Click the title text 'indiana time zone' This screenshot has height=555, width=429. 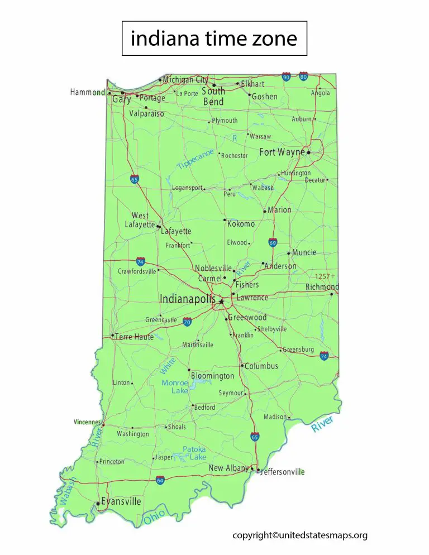[x=214, y=39]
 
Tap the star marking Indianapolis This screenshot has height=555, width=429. [x=221, y=302]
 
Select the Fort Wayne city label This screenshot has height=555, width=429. [x=282, y=152]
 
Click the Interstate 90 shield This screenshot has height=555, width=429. [x=286, y=77]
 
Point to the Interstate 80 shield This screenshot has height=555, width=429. [x=303, y=76]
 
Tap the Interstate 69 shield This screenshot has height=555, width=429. [x=273, y=242]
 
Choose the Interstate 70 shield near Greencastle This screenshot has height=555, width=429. [x=187, y=322]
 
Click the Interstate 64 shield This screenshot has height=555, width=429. [x=160, y=480]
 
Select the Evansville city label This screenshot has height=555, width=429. [x=121, y=501]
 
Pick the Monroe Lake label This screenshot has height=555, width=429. [x=175, y=387]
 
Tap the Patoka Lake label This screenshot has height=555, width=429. [x=194, y=453]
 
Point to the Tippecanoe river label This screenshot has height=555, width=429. [x=196, y=159]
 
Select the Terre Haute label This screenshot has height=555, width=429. [x=134, y=337]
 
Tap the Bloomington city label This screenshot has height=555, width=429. [x=213, y=376]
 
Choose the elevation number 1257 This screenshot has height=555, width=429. [x=322, y=276]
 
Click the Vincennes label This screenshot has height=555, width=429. [x=87, y=422]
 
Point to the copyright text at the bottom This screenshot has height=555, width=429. [x=300, y=535]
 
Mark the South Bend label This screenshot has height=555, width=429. [x=213, y=96]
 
